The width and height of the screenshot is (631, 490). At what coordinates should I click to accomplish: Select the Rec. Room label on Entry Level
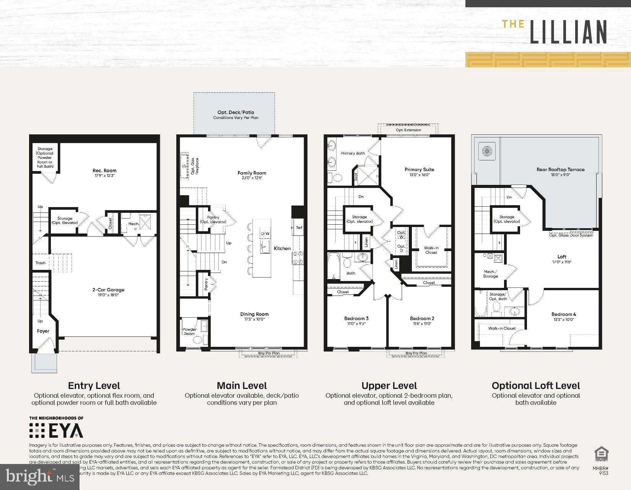pyautogui.click(x=104, y=171)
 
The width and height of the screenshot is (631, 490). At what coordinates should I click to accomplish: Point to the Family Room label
pyautogui.click(x=252, y=173)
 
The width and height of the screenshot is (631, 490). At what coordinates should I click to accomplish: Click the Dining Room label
pyautogui.click(x=254, y=314)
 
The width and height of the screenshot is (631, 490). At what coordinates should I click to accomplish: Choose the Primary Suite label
pyautogui.click(x=419, y=170)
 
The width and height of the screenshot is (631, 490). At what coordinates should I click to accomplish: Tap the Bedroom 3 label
pyautogui.click(x=356, y=318)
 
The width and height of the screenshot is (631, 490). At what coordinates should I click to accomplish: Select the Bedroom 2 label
pyautogui.click(x=422, y=318)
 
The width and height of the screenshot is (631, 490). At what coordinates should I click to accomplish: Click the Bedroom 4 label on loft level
pyautogui.click(x=564, y=314)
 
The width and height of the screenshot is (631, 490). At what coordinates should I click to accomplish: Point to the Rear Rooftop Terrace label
pyautogui.click(x=560, y=170)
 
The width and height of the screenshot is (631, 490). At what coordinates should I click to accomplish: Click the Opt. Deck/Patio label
pyautogui.click(x=236, y=113)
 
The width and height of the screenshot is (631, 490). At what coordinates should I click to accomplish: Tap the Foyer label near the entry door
pyautogui.click(x=43, y=331)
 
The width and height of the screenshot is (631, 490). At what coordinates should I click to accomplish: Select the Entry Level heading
pyautogui.click(x=94, y=385)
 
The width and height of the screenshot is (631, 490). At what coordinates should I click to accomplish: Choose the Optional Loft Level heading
pyautogui.click(x=535, y=385)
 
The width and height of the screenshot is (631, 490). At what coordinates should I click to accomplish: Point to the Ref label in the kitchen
pyautogui.click(x=299, y=228)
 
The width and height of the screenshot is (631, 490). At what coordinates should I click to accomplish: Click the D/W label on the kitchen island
pyautogui.click(x=265, y=234)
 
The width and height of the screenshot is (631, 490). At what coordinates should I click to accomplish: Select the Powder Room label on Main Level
pyautogui.click(x=189, y=332)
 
